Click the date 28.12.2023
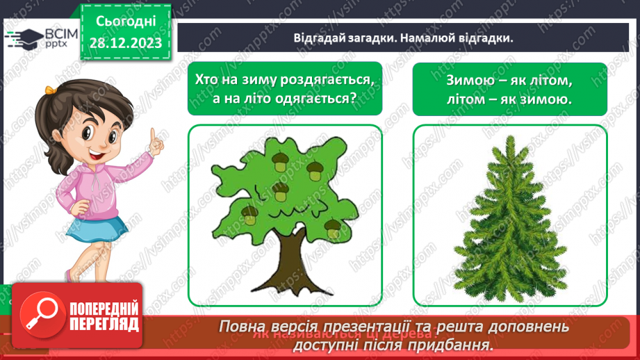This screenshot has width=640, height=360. point(125,43)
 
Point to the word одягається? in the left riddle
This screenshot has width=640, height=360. point(315,98)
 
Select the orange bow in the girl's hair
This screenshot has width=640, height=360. point(50,89)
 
